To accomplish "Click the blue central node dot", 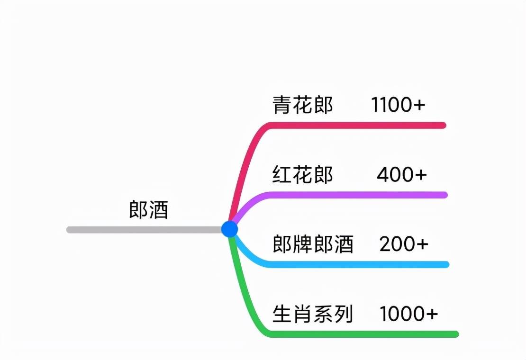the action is point(230,229).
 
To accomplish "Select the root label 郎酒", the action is point(149,210).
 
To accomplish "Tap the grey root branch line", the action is point(144,230).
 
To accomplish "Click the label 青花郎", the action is point(303,105).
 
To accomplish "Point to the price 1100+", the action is point(398,105).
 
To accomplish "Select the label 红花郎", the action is point(303,175).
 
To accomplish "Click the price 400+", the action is point(401,175).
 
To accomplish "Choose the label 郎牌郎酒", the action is point(313,244).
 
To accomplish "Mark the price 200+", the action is point(404,244).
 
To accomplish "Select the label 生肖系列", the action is point(313,314).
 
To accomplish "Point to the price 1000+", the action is point(408,314).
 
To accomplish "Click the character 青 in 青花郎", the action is point(282,105).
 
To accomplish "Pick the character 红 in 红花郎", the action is point(282,175).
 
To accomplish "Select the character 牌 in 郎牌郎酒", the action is point(303,244).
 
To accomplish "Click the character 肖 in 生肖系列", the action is point(303,314).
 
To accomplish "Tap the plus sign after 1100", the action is point(419,105).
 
